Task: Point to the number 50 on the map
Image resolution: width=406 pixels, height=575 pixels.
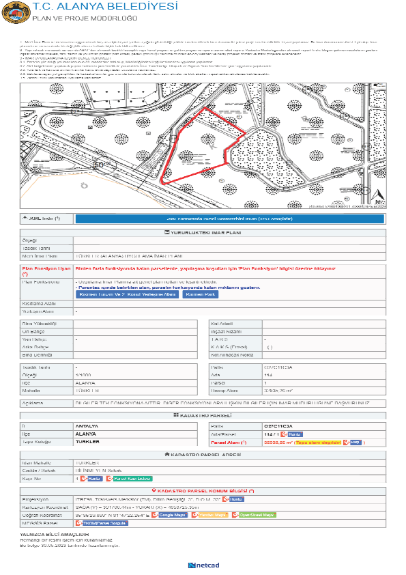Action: coord(101,165)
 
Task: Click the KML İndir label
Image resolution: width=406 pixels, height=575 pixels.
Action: coord(42,218)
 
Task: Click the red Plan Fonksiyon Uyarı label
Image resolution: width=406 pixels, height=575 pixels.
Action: coord(46,271)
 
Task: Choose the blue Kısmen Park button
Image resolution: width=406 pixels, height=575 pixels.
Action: coord(198,294)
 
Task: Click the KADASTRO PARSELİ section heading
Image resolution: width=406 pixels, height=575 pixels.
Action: coord(203,415)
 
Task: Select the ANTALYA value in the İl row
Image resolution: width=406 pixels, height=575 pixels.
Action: coord(86,425)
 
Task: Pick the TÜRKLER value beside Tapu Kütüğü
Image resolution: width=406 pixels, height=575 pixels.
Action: coord(87,442)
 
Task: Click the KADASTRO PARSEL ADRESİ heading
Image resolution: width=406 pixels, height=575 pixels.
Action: coord(203,454)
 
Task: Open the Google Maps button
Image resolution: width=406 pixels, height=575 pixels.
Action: coord(173,514)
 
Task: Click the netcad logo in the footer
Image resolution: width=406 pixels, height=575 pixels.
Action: coord(203,565)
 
